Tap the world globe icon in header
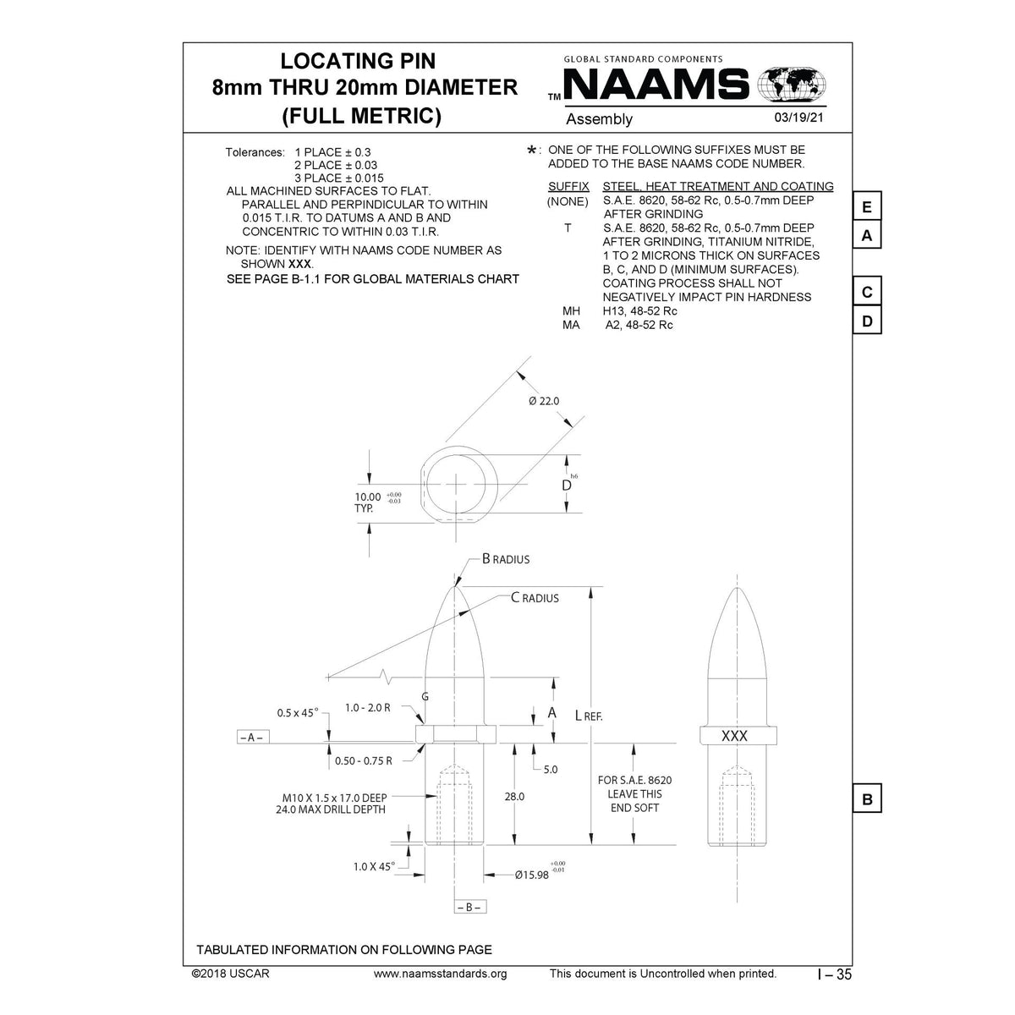793,85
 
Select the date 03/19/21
798,119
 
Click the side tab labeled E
867,207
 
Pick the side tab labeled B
867,798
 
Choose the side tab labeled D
867,321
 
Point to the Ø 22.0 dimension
544,400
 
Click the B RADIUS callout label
506,559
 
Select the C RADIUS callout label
535,598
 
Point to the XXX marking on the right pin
734,736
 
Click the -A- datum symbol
251,737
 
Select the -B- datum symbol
471,907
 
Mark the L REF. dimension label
589,715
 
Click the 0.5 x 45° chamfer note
298,712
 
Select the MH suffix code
572,311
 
